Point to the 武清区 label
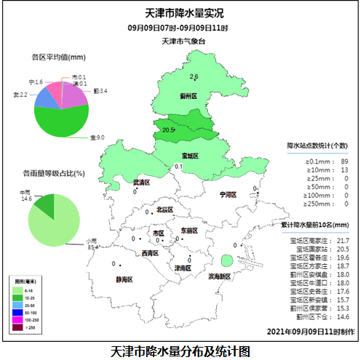141,183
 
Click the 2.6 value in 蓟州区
194,76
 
